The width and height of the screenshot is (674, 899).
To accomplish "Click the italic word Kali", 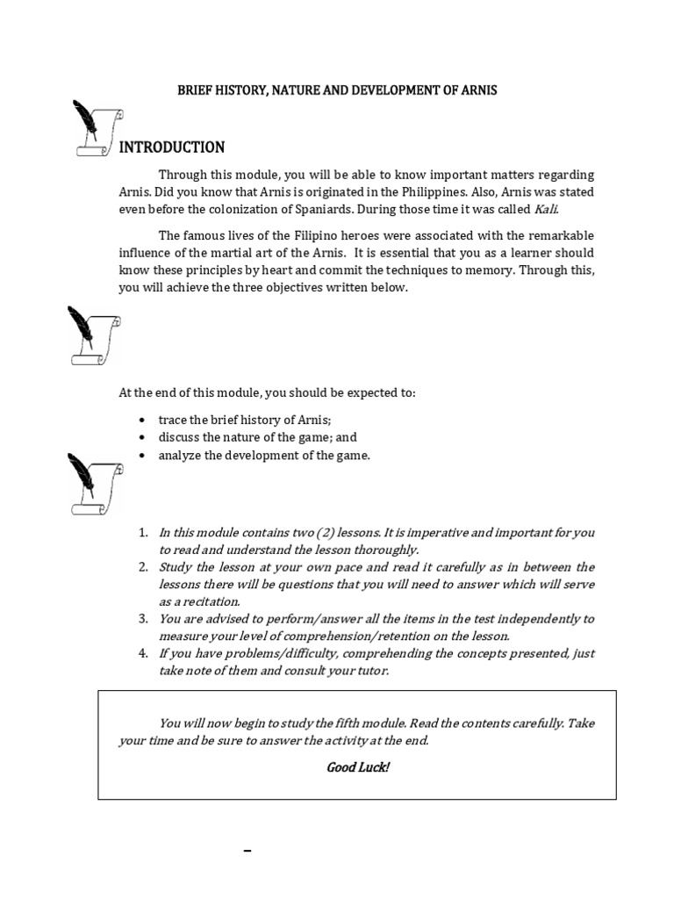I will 545,210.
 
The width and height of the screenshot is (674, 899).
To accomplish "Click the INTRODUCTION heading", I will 172,147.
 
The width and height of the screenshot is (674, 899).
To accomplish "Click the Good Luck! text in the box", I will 357,767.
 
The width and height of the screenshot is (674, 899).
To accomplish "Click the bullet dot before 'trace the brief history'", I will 143,421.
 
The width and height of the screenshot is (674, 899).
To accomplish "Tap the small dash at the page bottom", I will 247,852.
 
